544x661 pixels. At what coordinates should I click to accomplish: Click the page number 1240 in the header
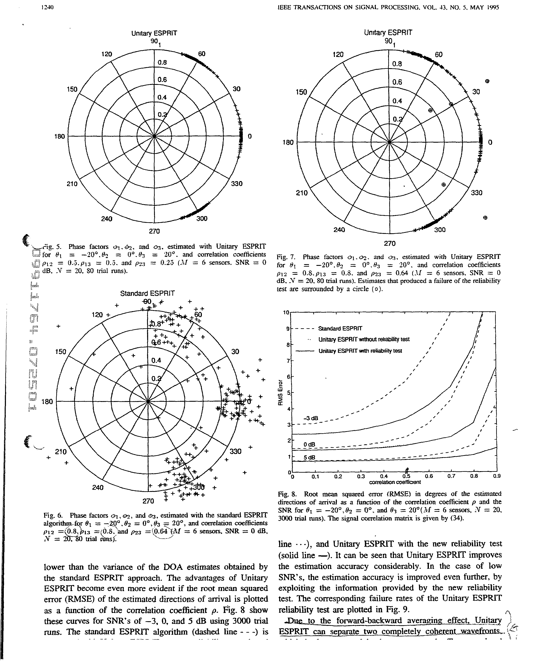pos(48,8)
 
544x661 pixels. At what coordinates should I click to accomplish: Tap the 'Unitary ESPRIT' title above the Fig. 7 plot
pos(388,33)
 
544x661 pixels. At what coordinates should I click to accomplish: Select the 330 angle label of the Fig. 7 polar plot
pos(476,193)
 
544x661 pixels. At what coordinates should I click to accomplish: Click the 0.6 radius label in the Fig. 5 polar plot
pos(162,80)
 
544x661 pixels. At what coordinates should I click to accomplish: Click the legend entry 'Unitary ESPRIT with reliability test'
pos(360,351)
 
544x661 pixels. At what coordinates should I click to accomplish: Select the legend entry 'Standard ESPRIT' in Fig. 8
pos(340,328)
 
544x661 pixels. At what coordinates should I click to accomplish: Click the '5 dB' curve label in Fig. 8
pos(310,458)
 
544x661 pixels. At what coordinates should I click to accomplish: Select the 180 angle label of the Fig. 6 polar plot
pos(47,402)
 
